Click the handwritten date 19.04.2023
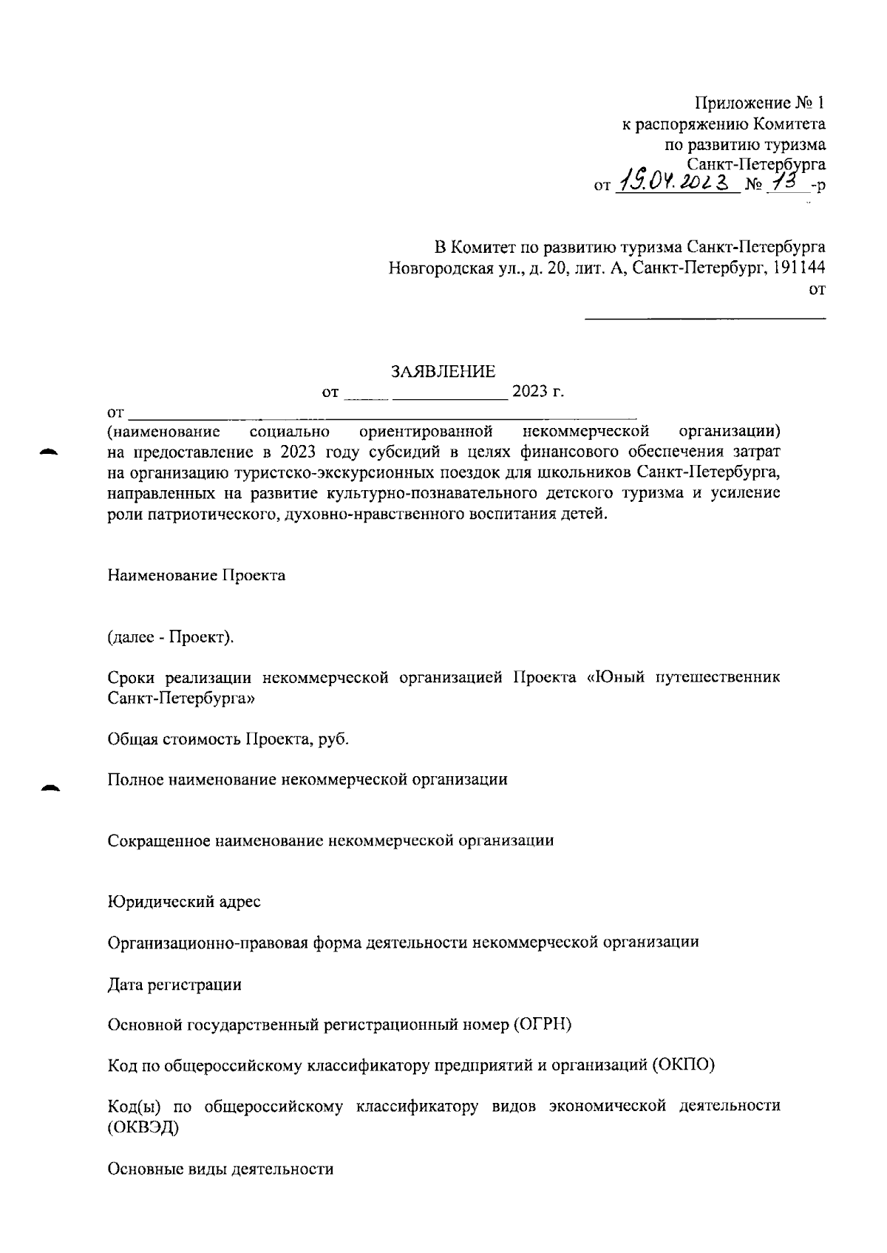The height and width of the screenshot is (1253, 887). point(676,179)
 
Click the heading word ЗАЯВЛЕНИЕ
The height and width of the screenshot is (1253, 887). point(443,371)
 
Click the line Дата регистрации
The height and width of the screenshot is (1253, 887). point(174,985)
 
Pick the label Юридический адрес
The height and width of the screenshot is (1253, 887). point(184,902)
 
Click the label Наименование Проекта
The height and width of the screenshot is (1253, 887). point(197,575)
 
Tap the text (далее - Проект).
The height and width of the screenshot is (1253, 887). point(171,636)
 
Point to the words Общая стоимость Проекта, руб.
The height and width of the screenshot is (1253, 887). point(228,738)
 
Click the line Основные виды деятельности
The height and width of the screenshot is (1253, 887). point(220,1169)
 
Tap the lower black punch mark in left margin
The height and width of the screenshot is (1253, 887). point(50,788)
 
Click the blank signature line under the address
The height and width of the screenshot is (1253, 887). point(705,319)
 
